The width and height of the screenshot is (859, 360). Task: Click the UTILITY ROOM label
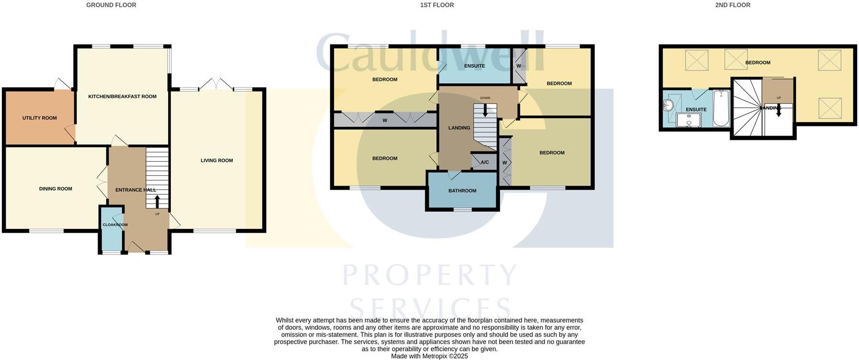coord(39,118)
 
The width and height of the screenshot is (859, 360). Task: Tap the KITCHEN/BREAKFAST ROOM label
coord(122,96)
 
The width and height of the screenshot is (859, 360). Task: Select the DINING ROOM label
coord(56,189)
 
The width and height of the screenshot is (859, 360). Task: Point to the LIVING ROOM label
coord(216,160)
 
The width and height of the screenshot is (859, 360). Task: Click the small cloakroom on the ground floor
coord(111,230)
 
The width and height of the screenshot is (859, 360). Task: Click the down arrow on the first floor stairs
coord(485,111)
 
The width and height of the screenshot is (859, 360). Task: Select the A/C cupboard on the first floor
coord(485,162)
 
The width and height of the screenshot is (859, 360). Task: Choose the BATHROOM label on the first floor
coord(462,191)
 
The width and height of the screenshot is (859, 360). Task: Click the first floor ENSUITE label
coord(475,66)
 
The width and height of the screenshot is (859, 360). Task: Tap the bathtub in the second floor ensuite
coord(721,108)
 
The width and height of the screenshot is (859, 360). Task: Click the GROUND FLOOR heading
coord(111,5)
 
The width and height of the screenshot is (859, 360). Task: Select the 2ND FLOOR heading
coord(733,5)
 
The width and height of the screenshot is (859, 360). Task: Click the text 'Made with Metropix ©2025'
coord(429,356)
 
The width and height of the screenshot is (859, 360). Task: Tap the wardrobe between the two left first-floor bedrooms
coord(385,120)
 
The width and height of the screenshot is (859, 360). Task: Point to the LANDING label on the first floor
coord(459,128)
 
